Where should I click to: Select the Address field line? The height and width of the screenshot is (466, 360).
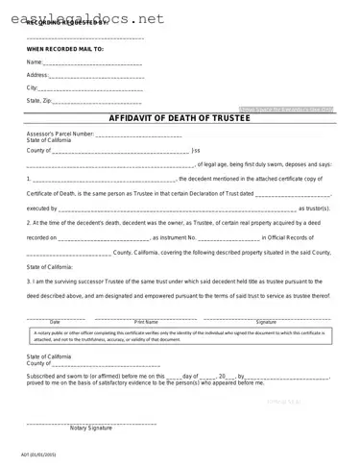96,75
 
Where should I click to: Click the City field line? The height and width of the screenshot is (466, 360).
92,87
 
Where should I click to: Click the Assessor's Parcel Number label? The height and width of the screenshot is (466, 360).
60,133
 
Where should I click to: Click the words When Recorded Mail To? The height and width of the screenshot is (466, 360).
65,48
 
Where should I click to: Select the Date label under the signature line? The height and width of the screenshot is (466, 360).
55,321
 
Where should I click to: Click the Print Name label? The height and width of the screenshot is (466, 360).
147,321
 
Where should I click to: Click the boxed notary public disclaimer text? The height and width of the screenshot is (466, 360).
180,335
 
